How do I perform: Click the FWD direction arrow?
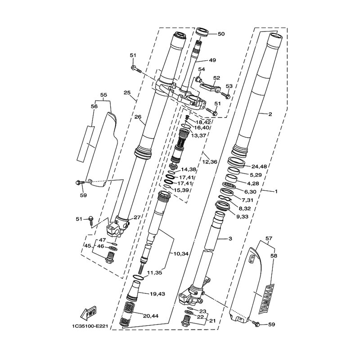pos(88,313)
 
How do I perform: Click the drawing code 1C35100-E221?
pos(90,326)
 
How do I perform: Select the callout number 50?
pos(221,34)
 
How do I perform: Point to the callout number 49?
pos(212,60)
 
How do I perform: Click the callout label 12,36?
pos(210,162)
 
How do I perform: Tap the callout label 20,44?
pos(151,316)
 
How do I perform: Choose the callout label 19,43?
pos(157,294)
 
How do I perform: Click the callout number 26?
pos(138,117)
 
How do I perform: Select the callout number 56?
pos(94,106)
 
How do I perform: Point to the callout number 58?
pos(274,256)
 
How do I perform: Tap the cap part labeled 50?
pos(202,31)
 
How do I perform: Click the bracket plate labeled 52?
pos(210,86)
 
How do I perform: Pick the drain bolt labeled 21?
pos(186,320)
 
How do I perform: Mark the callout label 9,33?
pos(240,216)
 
